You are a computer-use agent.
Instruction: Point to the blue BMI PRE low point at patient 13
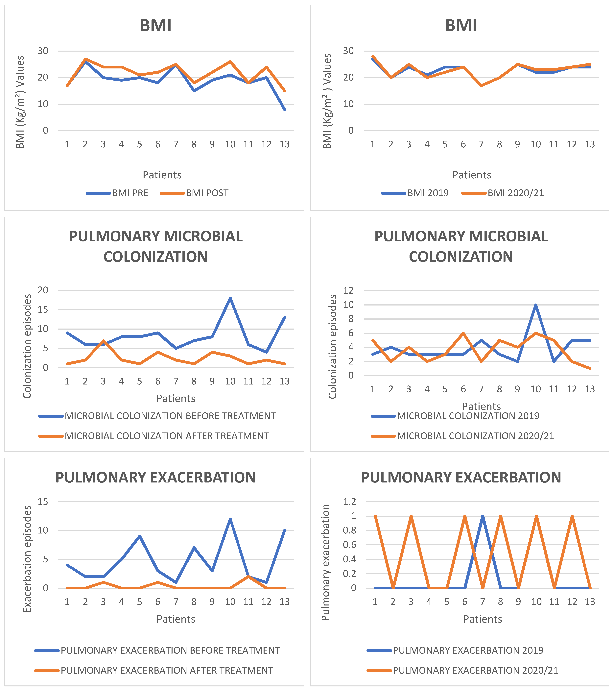(284, 109)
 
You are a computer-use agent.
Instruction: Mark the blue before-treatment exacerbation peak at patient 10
(230, 519)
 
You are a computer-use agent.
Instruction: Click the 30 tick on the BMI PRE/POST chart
(43, 51)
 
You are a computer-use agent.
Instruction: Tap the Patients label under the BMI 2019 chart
(471, 175)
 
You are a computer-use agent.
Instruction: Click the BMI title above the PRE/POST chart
(155, 26)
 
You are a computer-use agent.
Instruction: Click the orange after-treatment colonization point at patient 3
(103, 340)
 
